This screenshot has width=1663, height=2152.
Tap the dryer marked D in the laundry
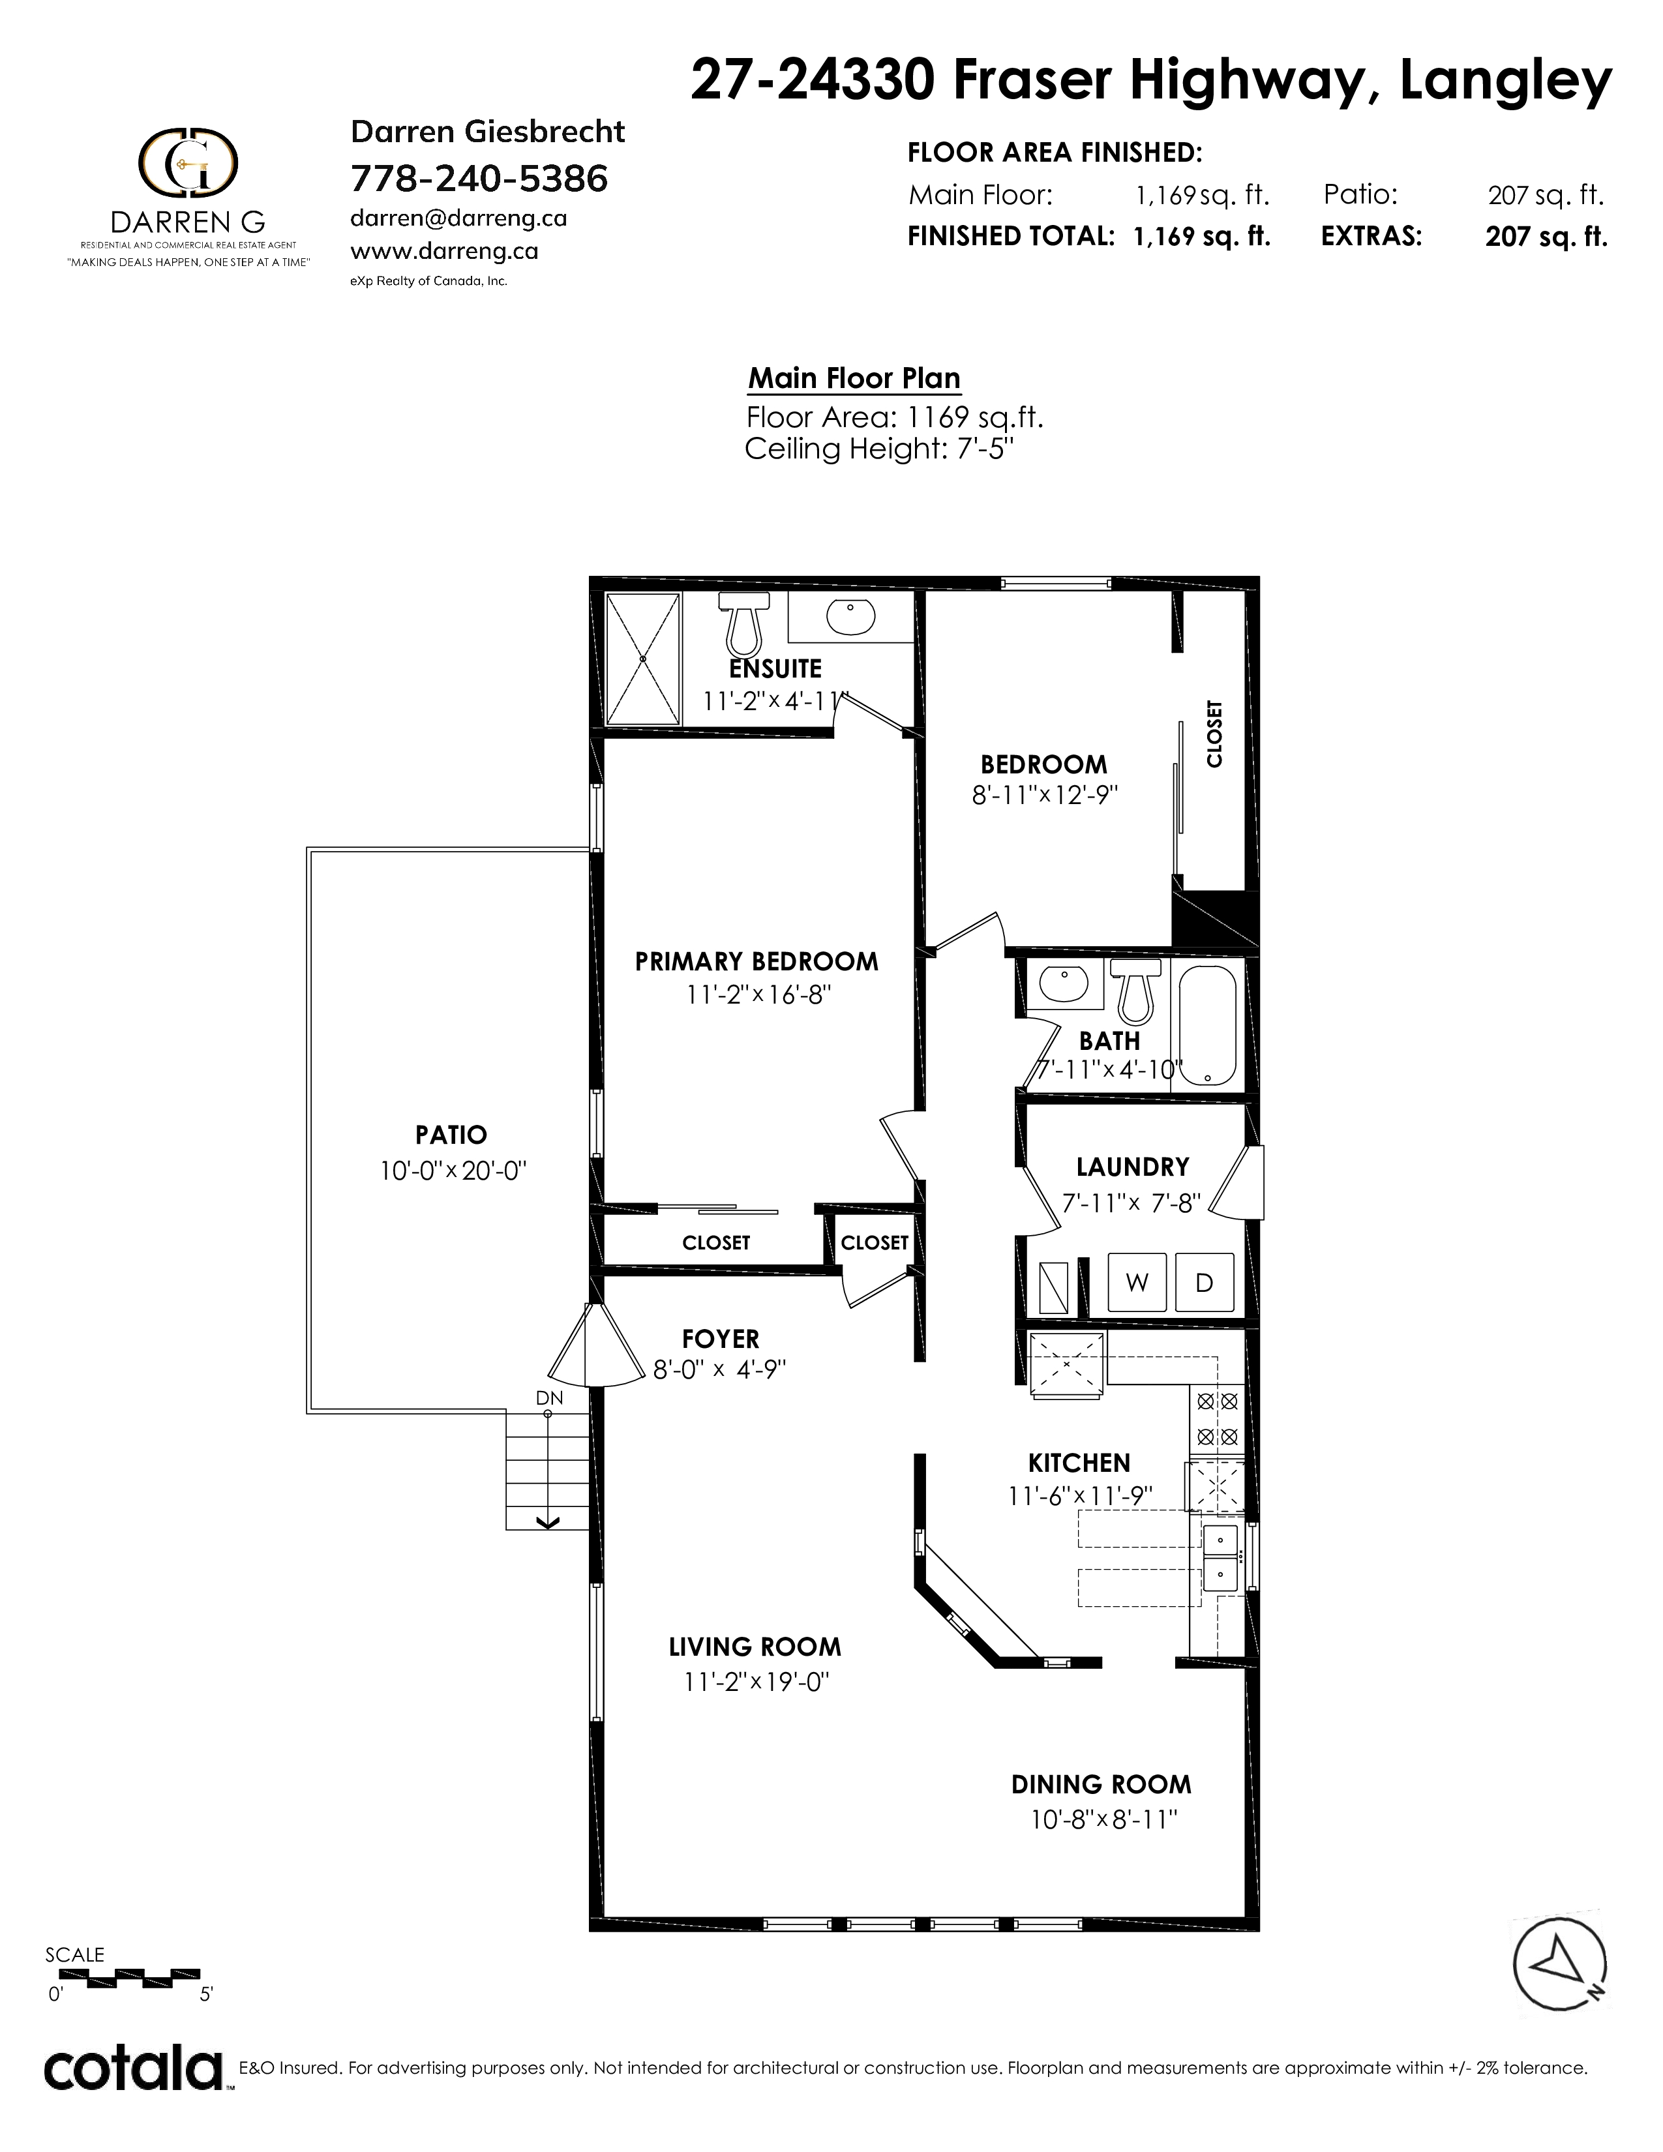pyautogui.click(x=1204, y=1282)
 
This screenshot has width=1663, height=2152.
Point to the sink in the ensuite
pyautogui.click(x=851, y=618)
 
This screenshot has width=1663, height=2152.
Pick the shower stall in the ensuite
pyautogui.click(x=643, y=659)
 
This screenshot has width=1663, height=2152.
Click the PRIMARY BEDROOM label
pyautogui.click(x=757, y=962)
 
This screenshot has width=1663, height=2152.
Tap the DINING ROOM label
pyautogui.click(x=1101, y=1784)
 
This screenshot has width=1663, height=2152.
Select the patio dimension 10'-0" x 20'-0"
pyautogui.click(x=454, y=1172)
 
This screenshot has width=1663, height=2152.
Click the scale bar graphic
pyautogui.click(x=124, y=1975)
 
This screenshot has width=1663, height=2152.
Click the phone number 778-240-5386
pyautogui.click(x=480, y=179)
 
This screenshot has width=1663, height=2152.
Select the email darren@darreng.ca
pyautogui.click(x=459, y=218)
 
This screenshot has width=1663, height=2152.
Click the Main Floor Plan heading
pyautogui.click(x=854, y=378)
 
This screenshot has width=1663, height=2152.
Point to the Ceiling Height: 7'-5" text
pyautogui.click(x=880, y=449)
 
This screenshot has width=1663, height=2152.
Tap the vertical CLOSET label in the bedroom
pyautogui.click(x=1214, y=734)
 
